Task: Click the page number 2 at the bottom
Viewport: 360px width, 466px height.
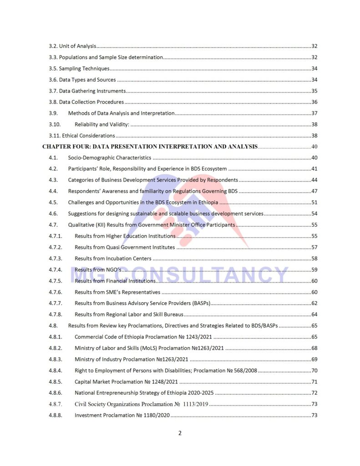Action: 180,433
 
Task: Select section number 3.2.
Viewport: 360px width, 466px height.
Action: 53,46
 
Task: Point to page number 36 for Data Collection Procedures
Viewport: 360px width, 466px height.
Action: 314,102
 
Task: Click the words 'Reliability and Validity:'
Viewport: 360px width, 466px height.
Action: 101,124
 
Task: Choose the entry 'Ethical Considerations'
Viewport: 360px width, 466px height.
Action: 88,136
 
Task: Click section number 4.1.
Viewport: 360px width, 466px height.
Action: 53,158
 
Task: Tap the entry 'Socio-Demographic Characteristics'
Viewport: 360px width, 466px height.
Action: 109,158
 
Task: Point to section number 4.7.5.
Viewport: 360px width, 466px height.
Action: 56,281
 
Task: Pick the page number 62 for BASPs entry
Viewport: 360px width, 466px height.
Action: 314,303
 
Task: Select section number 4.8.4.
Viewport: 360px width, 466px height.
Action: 56,370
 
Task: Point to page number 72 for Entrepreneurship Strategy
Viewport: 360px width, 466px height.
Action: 314,393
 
